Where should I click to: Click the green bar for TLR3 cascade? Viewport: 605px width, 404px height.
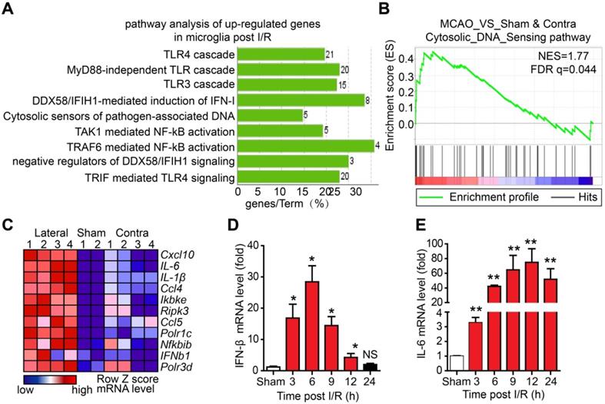coord(285,85)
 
